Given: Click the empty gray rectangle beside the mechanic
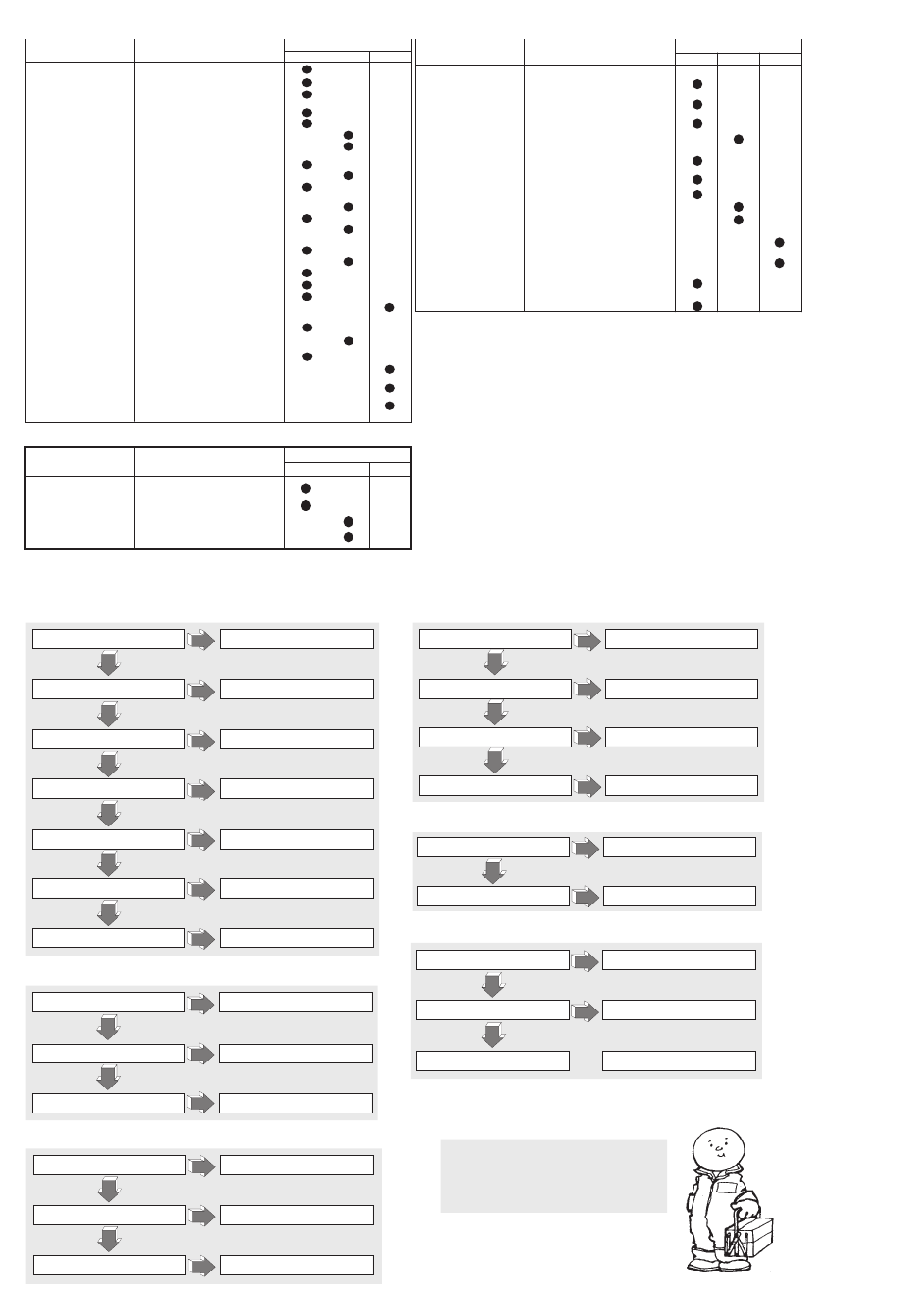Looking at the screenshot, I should [554, 1175].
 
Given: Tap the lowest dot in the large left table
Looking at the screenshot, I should [390, 406].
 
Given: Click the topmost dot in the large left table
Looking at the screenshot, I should [306, 70].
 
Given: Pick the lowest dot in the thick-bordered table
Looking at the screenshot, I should [349, 537].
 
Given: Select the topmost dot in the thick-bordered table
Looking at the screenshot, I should [306, 488].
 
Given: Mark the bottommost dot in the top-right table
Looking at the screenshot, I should [697, 306].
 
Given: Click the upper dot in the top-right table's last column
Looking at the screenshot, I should [780, 242].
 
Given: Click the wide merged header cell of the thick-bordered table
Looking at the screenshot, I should [348, 455].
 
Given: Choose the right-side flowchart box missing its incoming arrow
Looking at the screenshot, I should [679, 1061].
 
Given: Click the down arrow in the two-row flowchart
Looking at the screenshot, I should [493, 872].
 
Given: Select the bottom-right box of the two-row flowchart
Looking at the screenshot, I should [679, 896].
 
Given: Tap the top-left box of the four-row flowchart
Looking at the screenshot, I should [496, 639].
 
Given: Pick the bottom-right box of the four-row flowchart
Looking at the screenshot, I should [681, 785].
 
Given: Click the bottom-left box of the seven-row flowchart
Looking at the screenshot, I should [108, 937].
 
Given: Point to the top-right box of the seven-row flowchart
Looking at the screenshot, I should [297, 639].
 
